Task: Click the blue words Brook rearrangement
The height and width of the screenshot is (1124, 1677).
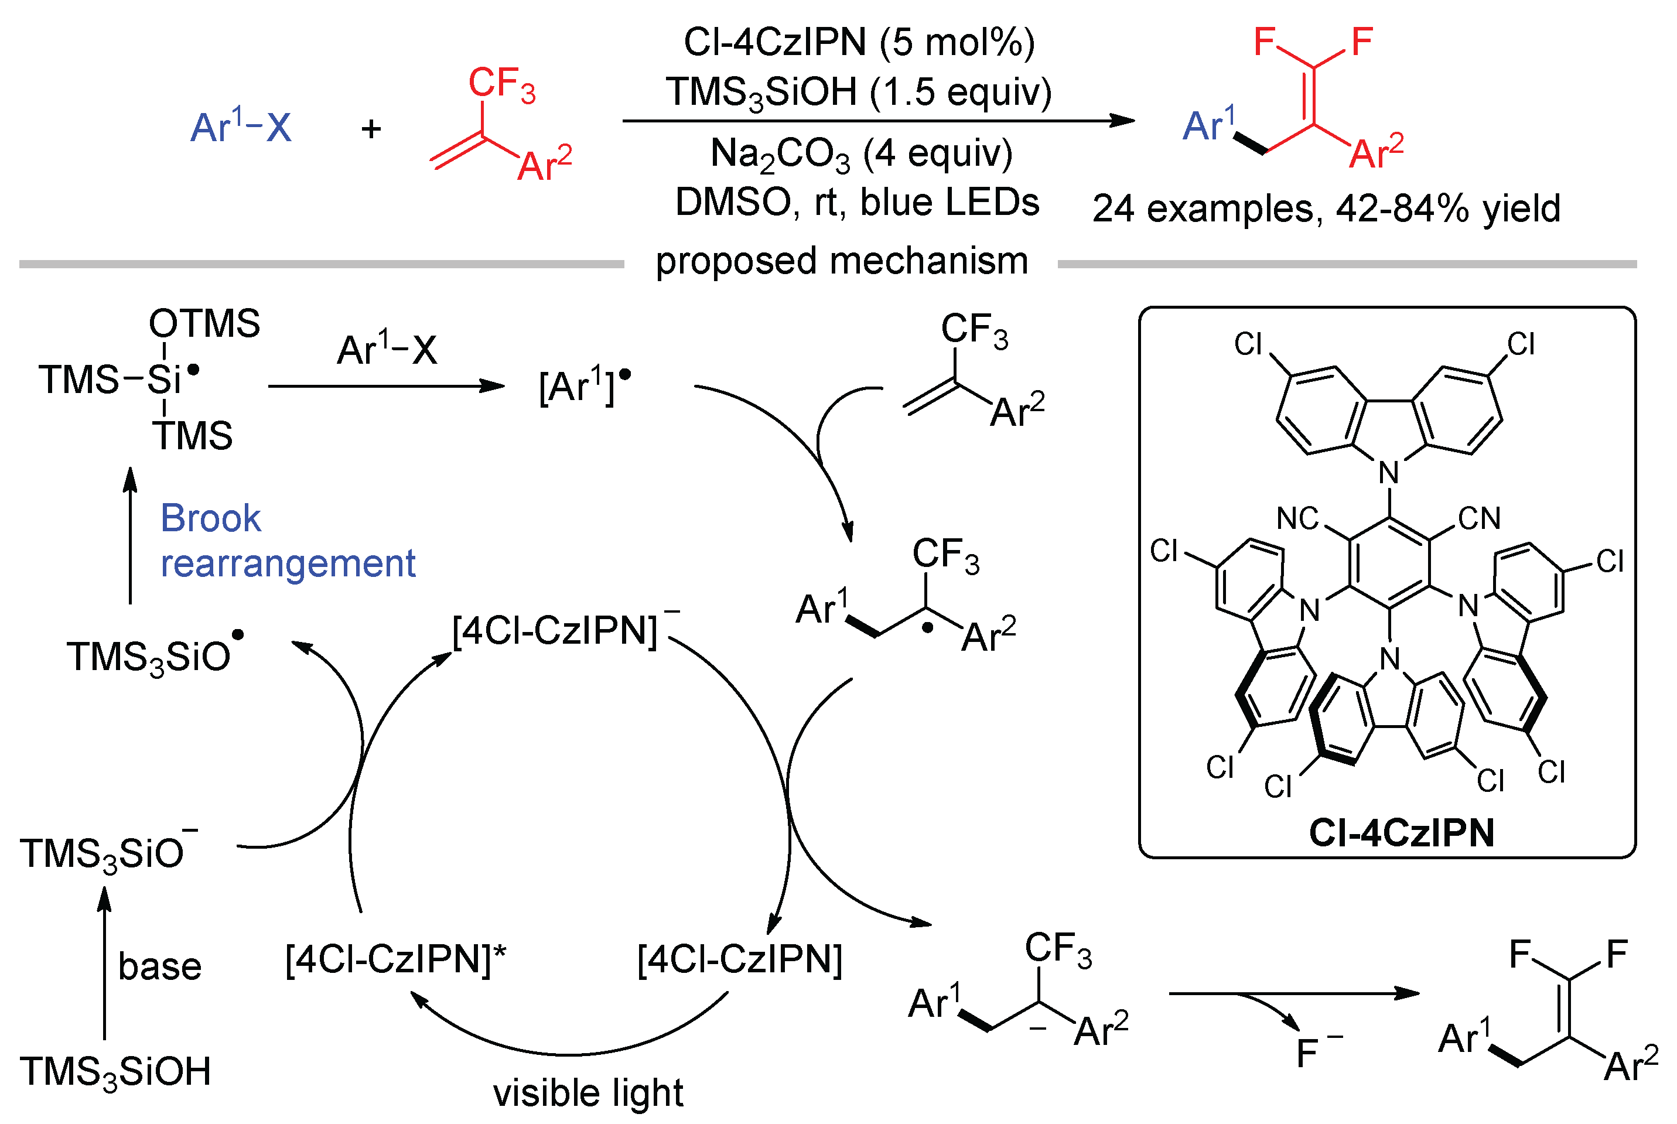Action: pos(286,541)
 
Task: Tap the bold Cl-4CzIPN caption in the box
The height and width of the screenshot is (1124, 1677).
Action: pos(1401,833)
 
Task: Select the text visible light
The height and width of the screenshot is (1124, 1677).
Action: pos(588,1093)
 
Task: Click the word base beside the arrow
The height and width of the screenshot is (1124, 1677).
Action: pos(159,966)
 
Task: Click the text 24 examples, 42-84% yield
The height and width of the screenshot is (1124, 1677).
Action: pos(1326,209)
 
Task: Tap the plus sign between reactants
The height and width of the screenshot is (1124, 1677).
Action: pos(371,129)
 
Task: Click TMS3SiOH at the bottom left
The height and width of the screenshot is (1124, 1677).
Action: pos(115,1072)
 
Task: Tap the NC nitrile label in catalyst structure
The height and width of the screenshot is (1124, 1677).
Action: pos(1297,518)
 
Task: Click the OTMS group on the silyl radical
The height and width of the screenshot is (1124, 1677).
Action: pos(204,323)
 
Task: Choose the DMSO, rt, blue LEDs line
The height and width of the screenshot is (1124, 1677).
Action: pos(856,202)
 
